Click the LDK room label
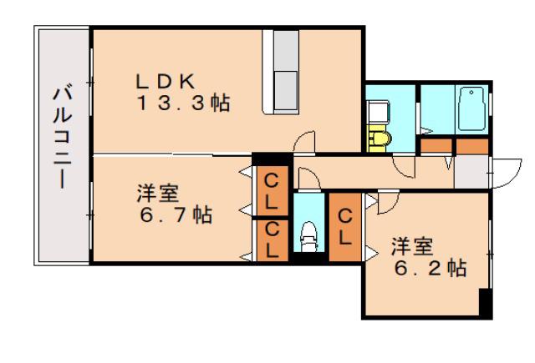[x=166, y=82]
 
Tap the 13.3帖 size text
[x=183, y=103]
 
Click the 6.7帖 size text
[x=176, y=214]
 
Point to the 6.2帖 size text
[x=431, y=268]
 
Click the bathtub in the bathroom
[x=471, y=108]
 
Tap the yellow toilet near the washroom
[x=379, y=139]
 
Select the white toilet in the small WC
[x=309, y=237]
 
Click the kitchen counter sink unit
[x=281, y=73]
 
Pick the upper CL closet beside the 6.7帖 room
[x=272, y=191]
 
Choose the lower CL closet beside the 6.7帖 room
[x=272, y=241]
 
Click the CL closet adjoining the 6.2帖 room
[x=344, y=227]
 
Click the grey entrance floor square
[x=471, y=172]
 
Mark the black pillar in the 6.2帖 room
[x=485, y=302]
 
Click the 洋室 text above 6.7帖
[x=158, y=193]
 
